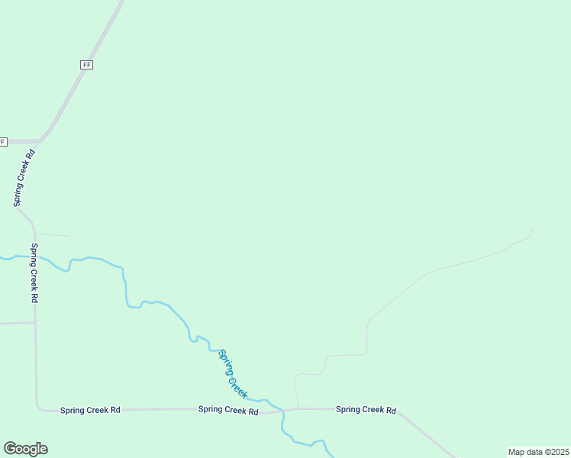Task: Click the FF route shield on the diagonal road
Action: tap(86, 65)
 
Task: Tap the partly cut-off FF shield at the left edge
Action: tap(3, 141)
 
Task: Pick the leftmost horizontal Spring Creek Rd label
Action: tap(90, 410)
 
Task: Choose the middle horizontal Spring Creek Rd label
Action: tap(228, 410)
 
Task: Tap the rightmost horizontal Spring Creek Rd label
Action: tap(366, 410)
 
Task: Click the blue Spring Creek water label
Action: tap(233, 373)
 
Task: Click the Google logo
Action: tap(25, 449)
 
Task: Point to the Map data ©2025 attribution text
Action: tap(538, 452)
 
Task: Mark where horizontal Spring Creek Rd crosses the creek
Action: tap(282, 410)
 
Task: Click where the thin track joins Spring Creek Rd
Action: tap(298, 409)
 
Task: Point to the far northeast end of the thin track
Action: tap(533, 229)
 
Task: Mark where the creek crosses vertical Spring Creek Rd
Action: tap(34, 256)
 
